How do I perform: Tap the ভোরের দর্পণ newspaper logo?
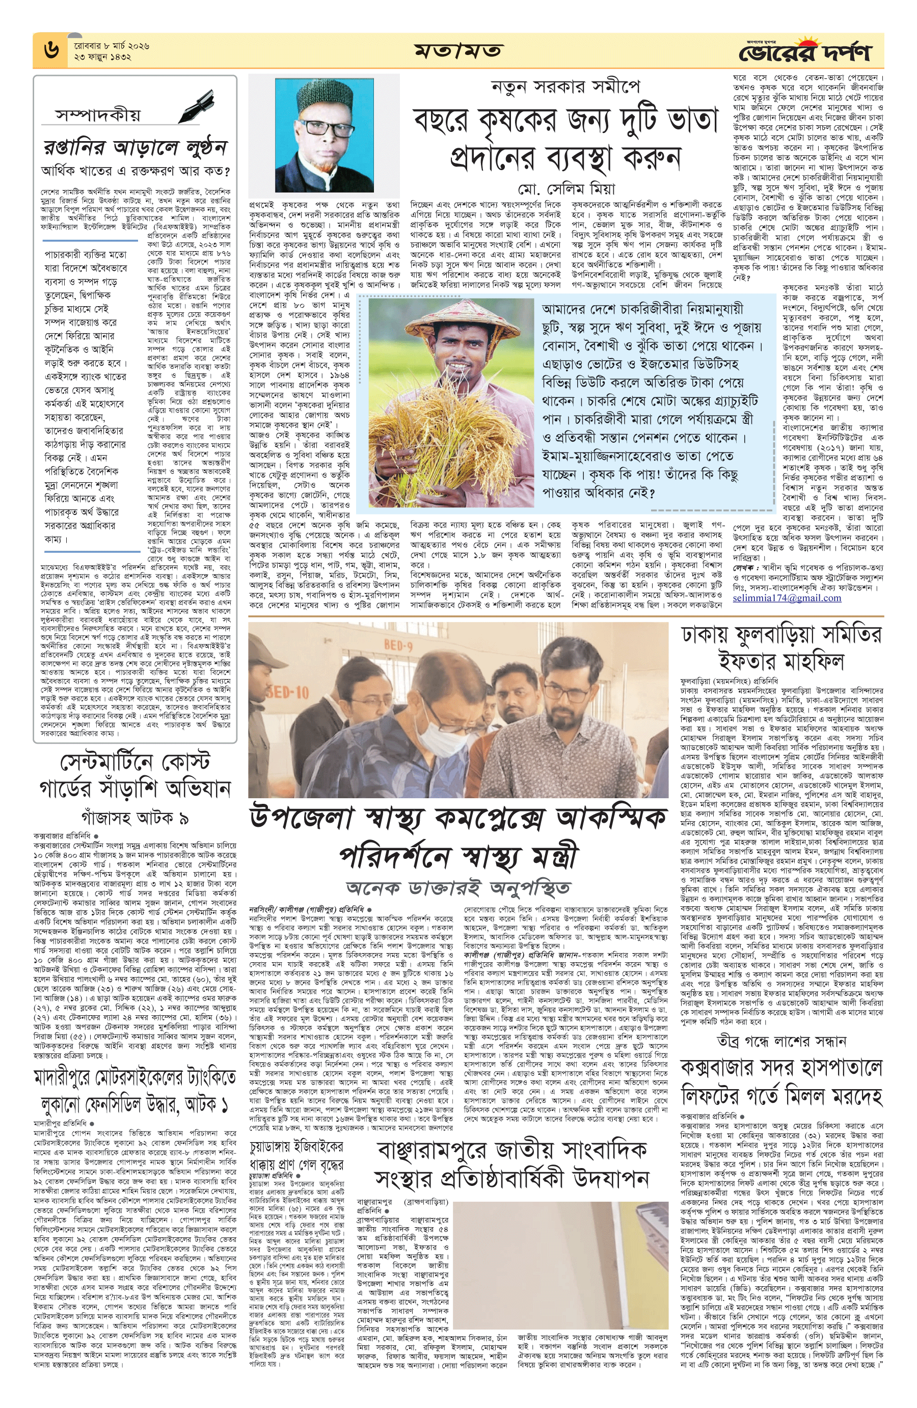coord(804,52)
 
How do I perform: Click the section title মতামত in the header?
coord(458,51)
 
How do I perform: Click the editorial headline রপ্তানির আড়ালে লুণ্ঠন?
coord(136,146)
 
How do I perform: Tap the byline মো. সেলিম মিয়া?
coord(565,189)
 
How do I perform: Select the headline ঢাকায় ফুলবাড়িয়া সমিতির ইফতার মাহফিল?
coord(781,648)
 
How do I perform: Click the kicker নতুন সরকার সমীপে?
coord(565,87)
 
